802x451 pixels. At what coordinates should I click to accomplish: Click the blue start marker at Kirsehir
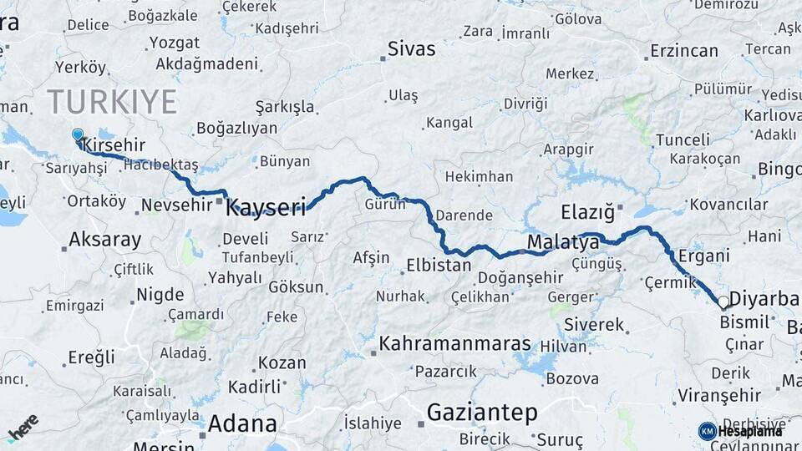[78, 135]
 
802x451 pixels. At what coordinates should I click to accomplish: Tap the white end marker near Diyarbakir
[723, 302]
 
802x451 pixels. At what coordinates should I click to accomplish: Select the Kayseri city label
[266, 207]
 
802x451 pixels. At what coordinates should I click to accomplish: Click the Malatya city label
[563, 243]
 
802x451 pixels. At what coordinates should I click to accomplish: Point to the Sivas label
[412, 49]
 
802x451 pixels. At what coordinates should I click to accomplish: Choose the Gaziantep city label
[481, 412]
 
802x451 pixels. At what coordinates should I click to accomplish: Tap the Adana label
[242, 423]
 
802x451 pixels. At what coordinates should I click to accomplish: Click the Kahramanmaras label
[454, 343]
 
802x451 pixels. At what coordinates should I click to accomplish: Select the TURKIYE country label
[112, 102]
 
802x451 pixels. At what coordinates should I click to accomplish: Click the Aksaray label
[104, 241]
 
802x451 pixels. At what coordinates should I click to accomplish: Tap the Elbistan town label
[438, 266]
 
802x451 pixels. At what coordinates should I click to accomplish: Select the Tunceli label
[683, 139]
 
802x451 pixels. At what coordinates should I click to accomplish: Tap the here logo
[23, 426]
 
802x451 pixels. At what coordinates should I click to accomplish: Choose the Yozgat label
[174, 43]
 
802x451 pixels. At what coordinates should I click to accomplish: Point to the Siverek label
[594, 324]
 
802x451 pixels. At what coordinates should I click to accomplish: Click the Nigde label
[160, 293]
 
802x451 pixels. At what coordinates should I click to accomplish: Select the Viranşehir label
[708, 395]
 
